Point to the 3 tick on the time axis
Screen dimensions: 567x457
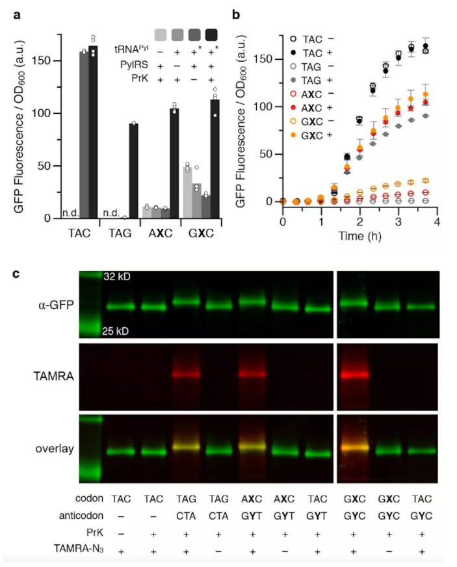click(x=398, y=222)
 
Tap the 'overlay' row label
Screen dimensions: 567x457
click(x=54, y=449)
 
